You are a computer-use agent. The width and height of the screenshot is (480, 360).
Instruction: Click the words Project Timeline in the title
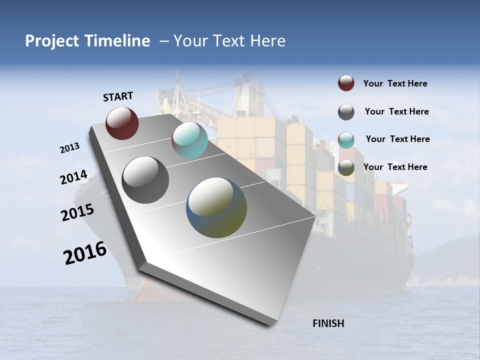click(x=87, y=41)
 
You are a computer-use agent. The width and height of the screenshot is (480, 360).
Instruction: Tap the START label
click(x=118, y=96)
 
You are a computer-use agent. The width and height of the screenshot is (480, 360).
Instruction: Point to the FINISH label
click(x=328, y=323)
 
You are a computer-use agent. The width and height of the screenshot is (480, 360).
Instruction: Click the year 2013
click(x=69, y=148)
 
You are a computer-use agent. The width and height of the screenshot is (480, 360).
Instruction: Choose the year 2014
click(x=73, y=177)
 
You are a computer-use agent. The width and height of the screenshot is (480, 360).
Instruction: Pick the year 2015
click(x=77, y=212)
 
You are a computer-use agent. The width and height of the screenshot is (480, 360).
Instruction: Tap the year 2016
click(x=85, y=253)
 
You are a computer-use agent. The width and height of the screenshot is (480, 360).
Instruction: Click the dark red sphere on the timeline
click(x=122, y=123)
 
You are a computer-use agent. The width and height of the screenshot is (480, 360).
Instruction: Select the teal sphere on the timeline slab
click(x=189, y=140)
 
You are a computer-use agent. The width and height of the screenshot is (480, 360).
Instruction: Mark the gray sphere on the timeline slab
click(x=145, y=180)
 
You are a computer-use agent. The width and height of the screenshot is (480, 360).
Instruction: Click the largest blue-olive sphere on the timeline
click(x=216, y=207)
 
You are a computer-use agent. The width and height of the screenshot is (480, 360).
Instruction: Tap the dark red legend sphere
click(x=346, y=83)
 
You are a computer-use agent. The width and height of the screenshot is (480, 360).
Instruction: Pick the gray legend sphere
click(x=346, y=112)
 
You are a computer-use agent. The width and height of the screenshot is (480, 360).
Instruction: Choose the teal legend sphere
click(x=346, y=140)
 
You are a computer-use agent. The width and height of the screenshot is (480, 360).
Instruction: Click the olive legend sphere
click(x=346, y=168)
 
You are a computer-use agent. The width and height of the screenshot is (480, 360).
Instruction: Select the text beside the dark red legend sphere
click(x=395, y=84)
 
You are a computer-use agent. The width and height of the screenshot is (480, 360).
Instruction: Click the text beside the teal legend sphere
click(x=397, y=139)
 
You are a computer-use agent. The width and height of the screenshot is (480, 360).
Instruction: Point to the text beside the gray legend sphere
click(x=396, y=111)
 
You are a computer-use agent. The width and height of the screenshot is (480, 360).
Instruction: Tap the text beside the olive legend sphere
click(x=395, y=167)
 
